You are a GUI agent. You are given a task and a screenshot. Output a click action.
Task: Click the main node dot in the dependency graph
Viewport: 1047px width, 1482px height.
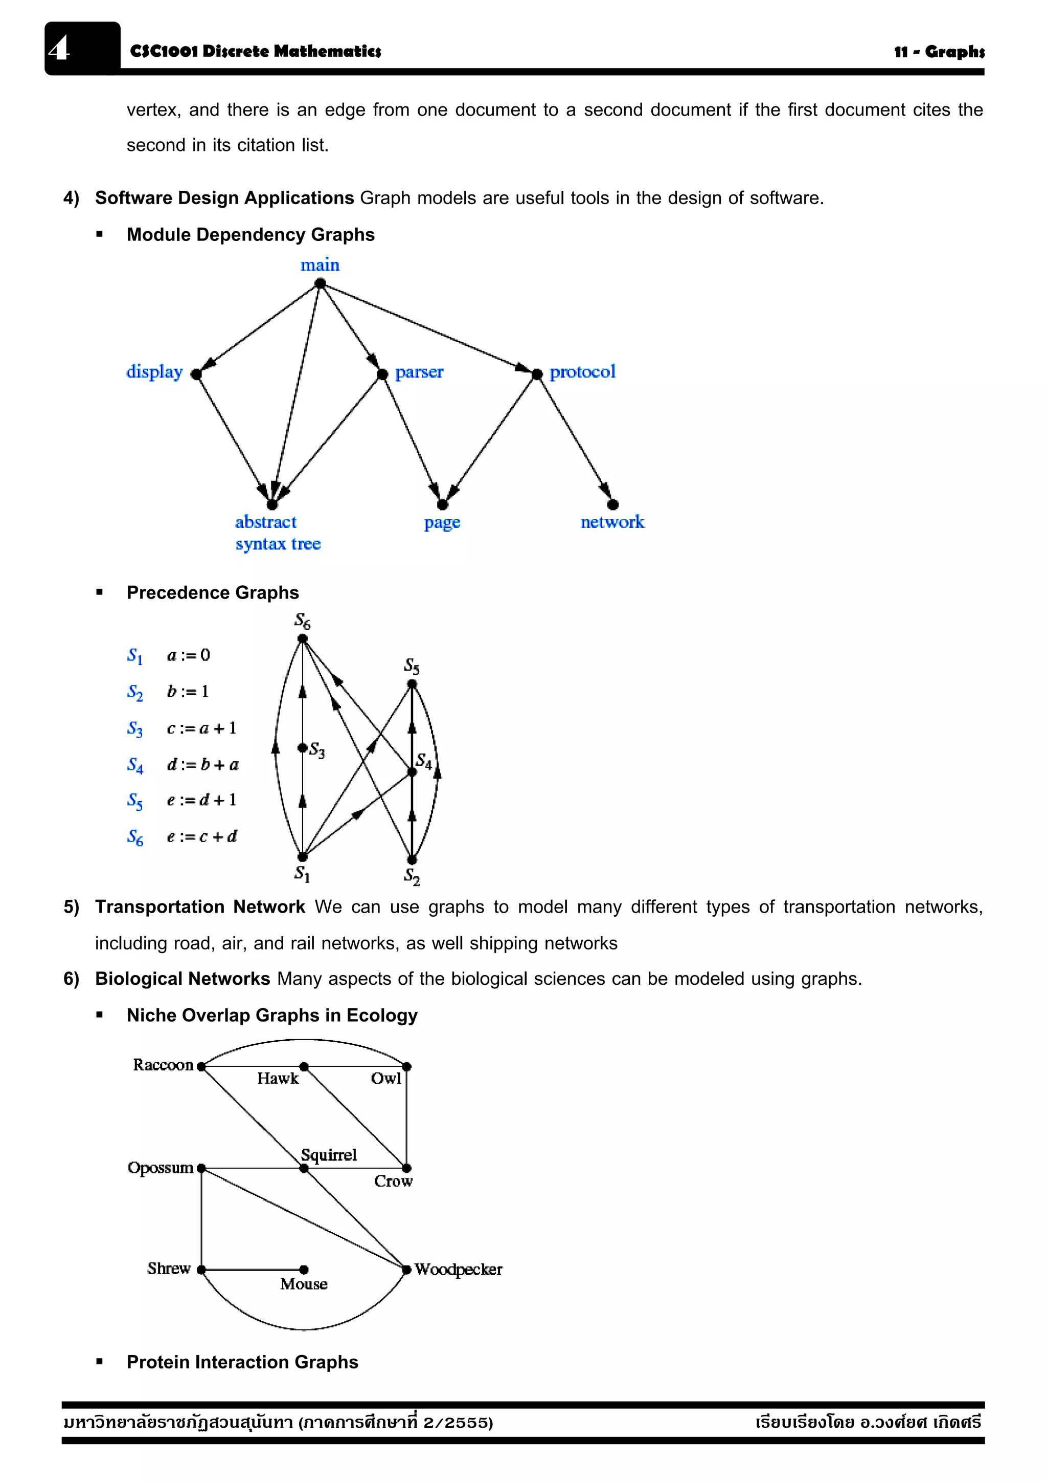[x=320, y=283]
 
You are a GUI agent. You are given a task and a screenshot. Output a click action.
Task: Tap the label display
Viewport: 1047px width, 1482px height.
[x=154, y=372]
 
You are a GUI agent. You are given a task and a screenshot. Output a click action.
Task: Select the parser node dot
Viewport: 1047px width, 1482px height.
[x=382, y=374]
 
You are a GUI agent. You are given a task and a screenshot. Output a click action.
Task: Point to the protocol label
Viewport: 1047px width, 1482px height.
[x=582, y=372]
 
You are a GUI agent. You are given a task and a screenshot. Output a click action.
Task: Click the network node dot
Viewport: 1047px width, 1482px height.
[x=613, y=504]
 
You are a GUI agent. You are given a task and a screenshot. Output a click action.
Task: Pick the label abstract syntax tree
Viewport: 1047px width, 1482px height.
[x=278, y=533]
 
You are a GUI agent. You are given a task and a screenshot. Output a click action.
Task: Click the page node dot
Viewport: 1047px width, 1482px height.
[x=443, y=504]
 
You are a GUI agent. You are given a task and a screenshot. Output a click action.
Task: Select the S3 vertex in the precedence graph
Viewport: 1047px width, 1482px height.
[x=302, y=747]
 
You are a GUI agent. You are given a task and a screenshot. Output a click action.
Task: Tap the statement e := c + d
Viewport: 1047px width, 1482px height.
[x=202, y=836]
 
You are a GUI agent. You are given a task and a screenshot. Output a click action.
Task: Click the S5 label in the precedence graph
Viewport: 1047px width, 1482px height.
[x=412, y=666]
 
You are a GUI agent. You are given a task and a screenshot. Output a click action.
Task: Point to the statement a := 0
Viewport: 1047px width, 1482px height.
[x=188, y=655]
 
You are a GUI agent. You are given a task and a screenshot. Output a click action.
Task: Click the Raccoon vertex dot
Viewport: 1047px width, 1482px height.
[x=201, y=1066]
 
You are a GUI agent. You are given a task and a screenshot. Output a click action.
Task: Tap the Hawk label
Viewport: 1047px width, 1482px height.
[x=278, y=1078]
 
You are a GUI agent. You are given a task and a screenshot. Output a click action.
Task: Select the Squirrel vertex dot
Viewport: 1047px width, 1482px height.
[x=304, y=1168]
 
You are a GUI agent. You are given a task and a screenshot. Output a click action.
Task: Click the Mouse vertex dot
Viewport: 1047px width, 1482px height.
[x=304, y=1269]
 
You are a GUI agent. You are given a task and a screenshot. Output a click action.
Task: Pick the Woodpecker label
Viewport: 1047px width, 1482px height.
[x=458, y=1269]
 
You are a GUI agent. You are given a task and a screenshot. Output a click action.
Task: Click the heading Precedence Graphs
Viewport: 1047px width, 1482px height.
[x=212, y=592]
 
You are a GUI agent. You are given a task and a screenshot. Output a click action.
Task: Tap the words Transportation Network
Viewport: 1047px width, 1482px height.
[x=200, y=907]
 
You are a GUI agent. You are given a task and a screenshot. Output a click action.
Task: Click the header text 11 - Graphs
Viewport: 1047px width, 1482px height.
[x=939, y=52]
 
